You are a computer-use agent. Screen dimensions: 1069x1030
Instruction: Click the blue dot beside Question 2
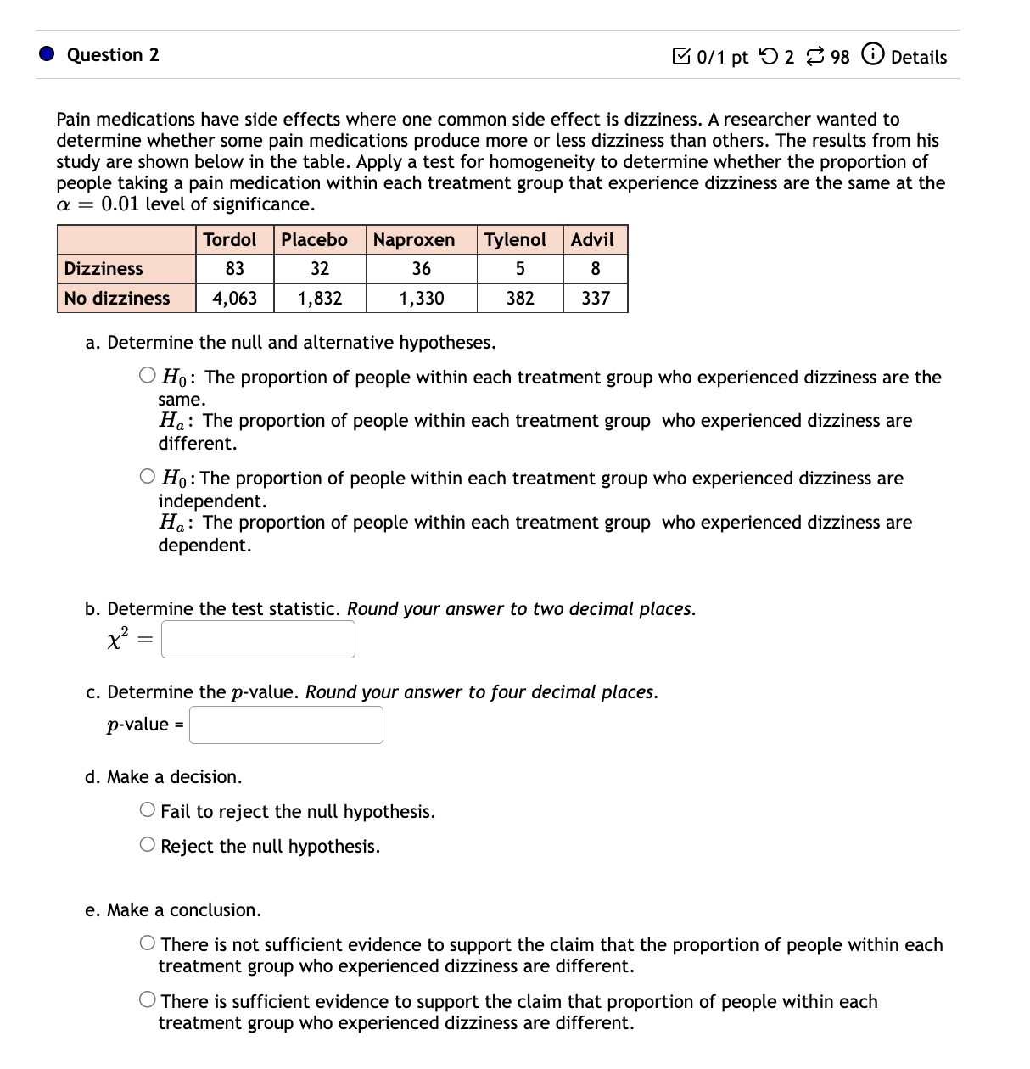(x=48, y=54)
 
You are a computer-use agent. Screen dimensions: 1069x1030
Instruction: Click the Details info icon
(x=871, y=55)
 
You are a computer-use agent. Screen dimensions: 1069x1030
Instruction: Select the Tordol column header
(x=230, y=240)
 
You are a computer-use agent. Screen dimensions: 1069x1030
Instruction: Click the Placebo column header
(x=315, y=240)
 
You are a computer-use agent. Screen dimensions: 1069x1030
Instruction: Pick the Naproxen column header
(x=414, y=240)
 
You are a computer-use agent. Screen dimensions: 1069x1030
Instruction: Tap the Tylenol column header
(x=515, y=240)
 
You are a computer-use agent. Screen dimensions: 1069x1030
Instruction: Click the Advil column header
(x=592, y=240)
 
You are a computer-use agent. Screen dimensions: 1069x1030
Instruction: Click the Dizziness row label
(x=104, y=269)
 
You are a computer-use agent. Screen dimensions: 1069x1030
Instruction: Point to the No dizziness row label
(x=117, y=298)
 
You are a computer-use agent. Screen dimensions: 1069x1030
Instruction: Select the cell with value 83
(x=235, y=269)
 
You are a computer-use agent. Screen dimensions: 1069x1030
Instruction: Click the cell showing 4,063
(x=235, y=298)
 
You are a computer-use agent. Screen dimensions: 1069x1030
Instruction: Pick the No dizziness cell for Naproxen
(x=421, y=298)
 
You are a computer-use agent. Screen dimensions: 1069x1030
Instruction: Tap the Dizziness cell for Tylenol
(x=520, y=269)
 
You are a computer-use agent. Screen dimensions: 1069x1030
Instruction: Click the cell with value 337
(x=596, y=298)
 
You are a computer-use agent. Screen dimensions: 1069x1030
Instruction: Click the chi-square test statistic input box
(x=258, y=640)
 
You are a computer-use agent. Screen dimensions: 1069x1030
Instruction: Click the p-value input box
(x=286, y=725)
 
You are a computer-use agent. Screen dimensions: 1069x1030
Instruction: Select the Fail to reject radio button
(x=148, y=810)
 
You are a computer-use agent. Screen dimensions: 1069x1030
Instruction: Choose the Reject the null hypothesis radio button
(x=148, y=845)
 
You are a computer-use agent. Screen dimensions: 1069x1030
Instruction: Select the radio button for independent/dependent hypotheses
(x=148, y=477)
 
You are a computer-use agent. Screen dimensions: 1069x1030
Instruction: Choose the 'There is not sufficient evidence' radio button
(x=148, y=943)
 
